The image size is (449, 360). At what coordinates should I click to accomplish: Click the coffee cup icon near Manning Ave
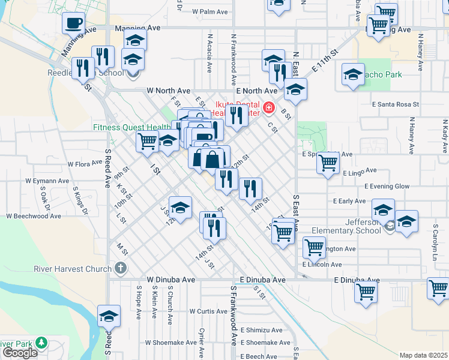point(74,23)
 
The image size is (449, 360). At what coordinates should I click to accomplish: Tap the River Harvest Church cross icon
point(121,268)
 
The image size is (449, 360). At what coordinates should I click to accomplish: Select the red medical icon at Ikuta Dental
point(269,108)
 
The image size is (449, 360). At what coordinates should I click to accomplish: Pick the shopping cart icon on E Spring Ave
point(328,162)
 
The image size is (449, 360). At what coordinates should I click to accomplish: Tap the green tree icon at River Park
point(41,343)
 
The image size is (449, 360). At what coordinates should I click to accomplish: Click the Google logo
point(20,352)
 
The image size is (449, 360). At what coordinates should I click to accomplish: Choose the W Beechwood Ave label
point(34,215)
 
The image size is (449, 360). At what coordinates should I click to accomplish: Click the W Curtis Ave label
point(208,311)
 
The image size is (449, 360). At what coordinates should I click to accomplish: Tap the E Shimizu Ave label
point(261,330)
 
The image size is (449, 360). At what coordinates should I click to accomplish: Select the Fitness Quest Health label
point(132,127)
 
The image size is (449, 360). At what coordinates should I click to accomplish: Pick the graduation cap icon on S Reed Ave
point(109,316)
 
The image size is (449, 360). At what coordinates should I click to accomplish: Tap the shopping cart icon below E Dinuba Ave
point(366,293)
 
